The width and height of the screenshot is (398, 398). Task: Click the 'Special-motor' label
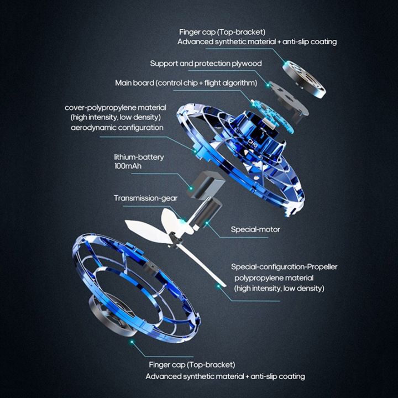click(x=255, y=229)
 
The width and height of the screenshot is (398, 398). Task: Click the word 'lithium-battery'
click(x=139, y=156)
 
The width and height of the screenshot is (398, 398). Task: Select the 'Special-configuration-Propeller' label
click(x=284, y=267)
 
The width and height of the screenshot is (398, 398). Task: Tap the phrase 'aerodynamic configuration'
click(x=117, y=127)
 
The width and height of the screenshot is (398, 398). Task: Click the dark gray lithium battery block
click(x=208, y=182)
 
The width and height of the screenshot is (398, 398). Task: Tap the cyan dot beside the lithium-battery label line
click(x=191, y=189)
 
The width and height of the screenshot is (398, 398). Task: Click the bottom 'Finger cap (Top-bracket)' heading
click(x=192, y=365)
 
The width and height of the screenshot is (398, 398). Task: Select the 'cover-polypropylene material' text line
click(x=115, y=107)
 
